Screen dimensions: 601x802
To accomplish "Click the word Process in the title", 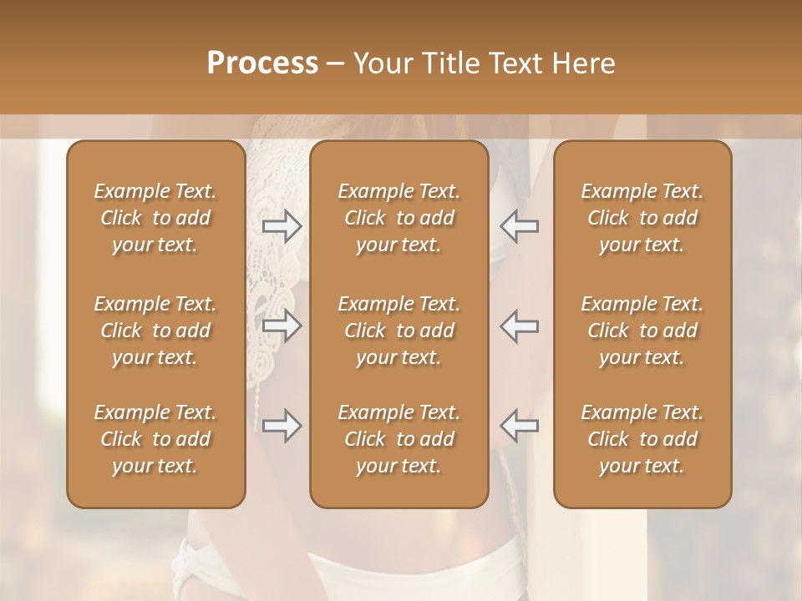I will (262, 63).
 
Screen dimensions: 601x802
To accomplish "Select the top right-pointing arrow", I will (282, 225).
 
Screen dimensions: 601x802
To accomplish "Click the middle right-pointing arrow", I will (282, 326).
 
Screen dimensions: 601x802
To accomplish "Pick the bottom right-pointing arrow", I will (282, 426).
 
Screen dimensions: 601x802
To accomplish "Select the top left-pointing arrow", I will (519, 225).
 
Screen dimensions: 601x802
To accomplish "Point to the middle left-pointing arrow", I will (519, 326).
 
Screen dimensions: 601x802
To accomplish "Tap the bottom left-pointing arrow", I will (519, 426).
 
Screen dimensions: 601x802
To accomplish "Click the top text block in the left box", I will (155, 218).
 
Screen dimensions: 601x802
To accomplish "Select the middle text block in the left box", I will (155, 331).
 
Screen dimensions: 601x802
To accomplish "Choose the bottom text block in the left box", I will (155, 439).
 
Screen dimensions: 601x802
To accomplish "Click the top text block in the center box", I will (399, 218).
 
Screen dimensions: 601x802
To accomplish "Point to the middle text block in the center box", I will (399, 331).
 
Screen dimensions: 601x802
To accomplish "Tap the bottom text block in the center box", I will (399, 439).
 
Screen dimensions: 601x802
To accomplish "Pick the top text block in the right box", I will (642, 218).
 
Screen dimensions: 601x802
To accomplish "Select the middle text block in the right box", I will (642, 331).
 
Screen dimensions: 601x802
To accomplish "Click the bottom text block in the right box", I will (642, 439).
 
